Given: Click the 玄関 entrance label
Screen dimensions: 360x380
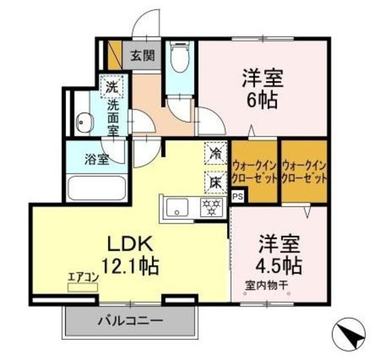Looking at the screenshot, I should click(142, 56).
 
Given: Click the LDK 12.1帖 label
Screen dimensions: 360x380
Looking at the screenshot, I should click(131, 254).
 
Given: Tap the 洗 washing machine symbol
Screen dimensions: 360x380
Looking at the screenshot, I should click(111, 87).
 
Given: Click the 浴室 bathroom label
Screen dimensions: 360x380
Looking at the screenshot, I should click(96, 159).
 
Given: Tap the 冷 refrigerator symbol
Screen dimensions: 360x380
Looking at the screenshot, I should click(215, 152).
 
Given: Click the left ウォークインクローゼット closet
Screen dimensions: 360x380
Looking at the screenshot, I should click(255, 171).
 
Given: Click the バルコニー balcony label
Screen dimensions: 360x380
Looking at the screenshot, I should click(130, 321).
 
